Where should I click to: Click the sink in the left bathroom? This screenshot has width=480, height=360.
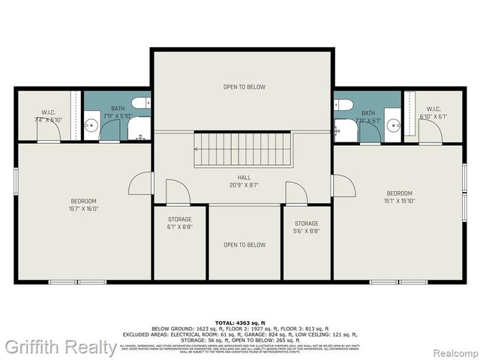coord(91,125)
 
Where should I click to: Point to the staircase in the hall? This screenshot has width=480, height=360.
coord(242,149)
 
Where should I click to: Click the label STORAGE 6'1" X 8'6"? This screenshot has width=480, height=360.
coord(180,223)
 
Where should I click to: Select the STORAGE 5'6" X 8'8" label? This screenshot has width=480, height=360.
coord(306,227)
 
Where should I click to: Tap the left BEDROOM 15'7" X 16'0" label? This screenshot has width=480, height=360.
coord(83,205)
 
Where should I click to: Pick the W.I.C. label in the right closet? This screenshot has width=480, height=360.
coord(433,113)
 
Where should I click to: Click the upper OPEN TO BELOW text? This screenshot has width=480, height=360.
coord(244,87)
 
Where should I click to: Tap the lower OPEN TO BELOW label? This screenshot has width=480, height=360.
coord(244,244)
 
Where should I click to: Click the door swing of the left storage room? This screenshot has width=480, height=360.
coord(176,193)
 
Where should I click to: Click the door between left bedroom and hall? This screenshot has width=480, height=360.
coord(141,184)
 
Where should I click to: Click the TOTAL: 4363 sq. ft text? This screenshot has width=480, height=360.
coord(239,321)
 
